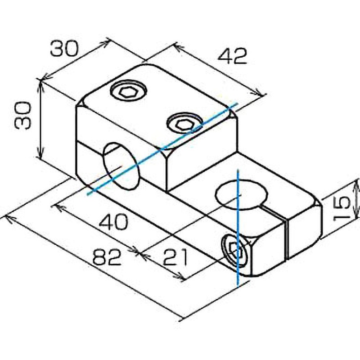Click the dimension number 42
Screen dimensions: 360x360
[232, 56]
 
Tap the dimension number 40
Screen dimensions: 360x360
[113, 222]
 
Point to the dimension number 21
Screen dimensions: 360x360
[175, 257]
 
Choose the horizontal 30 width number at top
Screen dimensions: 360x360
[64, 49]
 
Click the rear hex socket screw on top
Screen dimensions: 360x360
[128, 91]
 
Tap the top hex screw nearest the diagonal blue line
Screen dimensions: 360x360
[184, 123]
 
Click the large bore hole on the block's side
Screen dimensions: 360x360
[121, 166]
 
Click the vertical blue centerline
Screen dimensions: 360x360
[238, 228]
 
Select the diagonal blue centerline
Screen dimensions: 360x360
[162, 149]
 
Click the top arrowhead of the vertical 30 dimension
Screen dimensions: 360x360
[41, 84]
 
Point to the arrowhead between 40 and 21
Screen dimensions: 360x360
[139, 252]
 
